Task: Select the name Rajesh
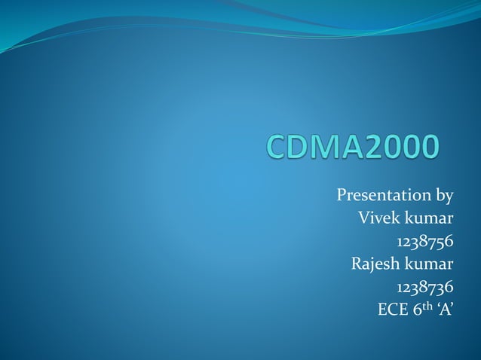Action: [375, 264]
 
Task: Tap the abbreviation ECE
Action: [392, 310]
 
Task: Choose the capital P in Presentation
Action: [341, 197]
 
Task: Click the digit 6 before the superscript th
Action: [415, 310]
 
